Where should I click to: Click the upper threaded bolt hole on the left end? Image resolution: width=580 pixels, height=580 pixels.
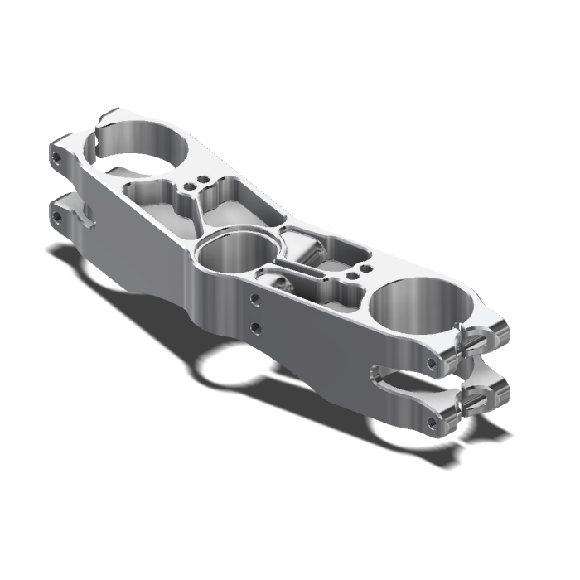pos(56,156)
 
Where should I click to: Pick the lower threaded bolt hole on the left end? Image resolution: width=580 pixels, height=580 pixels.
pos(56,216)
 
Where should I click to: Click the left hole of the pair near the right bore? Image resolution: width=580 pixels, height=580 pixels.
pos(350,276)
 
